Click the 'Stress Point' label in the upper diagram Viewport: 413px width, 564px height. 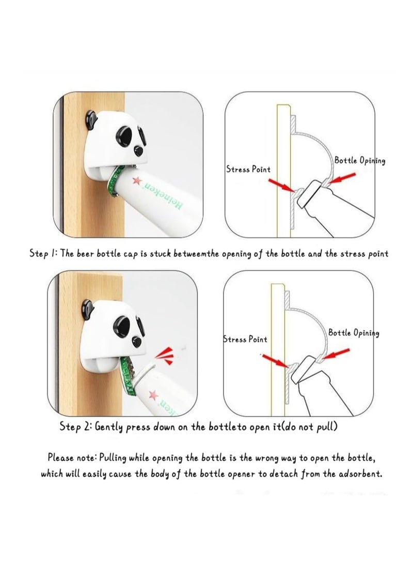pyautogui.click(x=248, y=169)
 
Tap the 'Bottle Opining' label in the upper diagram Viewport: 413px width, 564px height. pyautogui.click(x=359, y=160)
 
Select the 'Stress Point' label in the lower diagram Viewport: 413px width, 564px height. pyautogui.click(x=245, y=339)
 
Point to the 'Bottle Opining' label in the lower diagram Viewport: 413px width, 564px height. pyautogui.click(x=354, y=333)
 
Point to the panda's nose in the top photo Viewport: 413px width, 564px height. pyautogui.click(x=138, y=150)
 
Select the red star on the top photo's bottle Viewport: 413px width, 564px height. pyautogui.click(x=136, y=180)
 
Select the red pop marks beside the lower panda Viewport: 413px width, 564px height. pyautogui.click(x=164, y=353)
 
